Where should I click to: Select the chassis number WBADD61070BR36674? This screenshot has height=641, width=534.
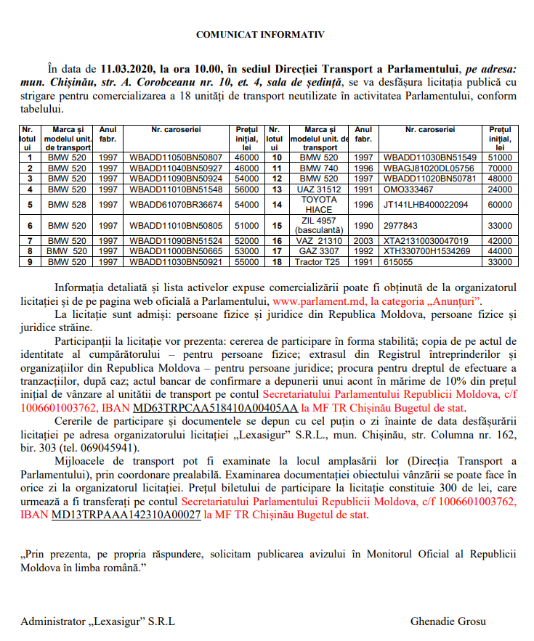(x=176, y=205)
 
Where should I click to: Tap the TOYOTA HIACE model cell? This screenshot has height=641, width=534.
(x=319, y=205)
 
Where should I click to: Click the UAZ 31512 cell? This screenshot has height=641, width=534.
(x=319, y=189)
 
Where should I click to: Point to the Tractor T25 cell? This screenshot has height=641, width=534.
(x=319, y=261)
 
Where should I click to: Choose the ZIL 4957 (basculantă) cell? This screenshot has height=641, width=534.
(x=319, y=226)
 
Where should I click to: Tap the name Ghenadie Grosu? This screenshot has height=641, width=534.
(x=448, y=621)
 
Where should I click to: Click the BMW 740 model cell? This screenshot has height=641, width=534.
(x=319, y=168)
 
